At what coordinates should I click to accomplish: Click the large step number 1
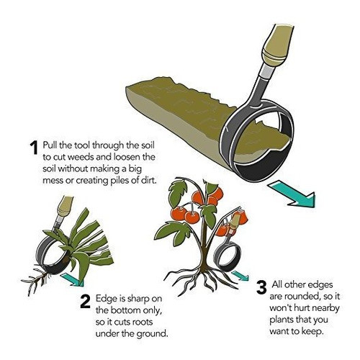[33, 148]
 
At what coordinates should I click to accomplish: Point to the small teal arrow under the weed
[70, 276]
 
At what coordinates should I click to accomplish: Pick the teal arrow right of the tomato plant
[243, 276]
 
